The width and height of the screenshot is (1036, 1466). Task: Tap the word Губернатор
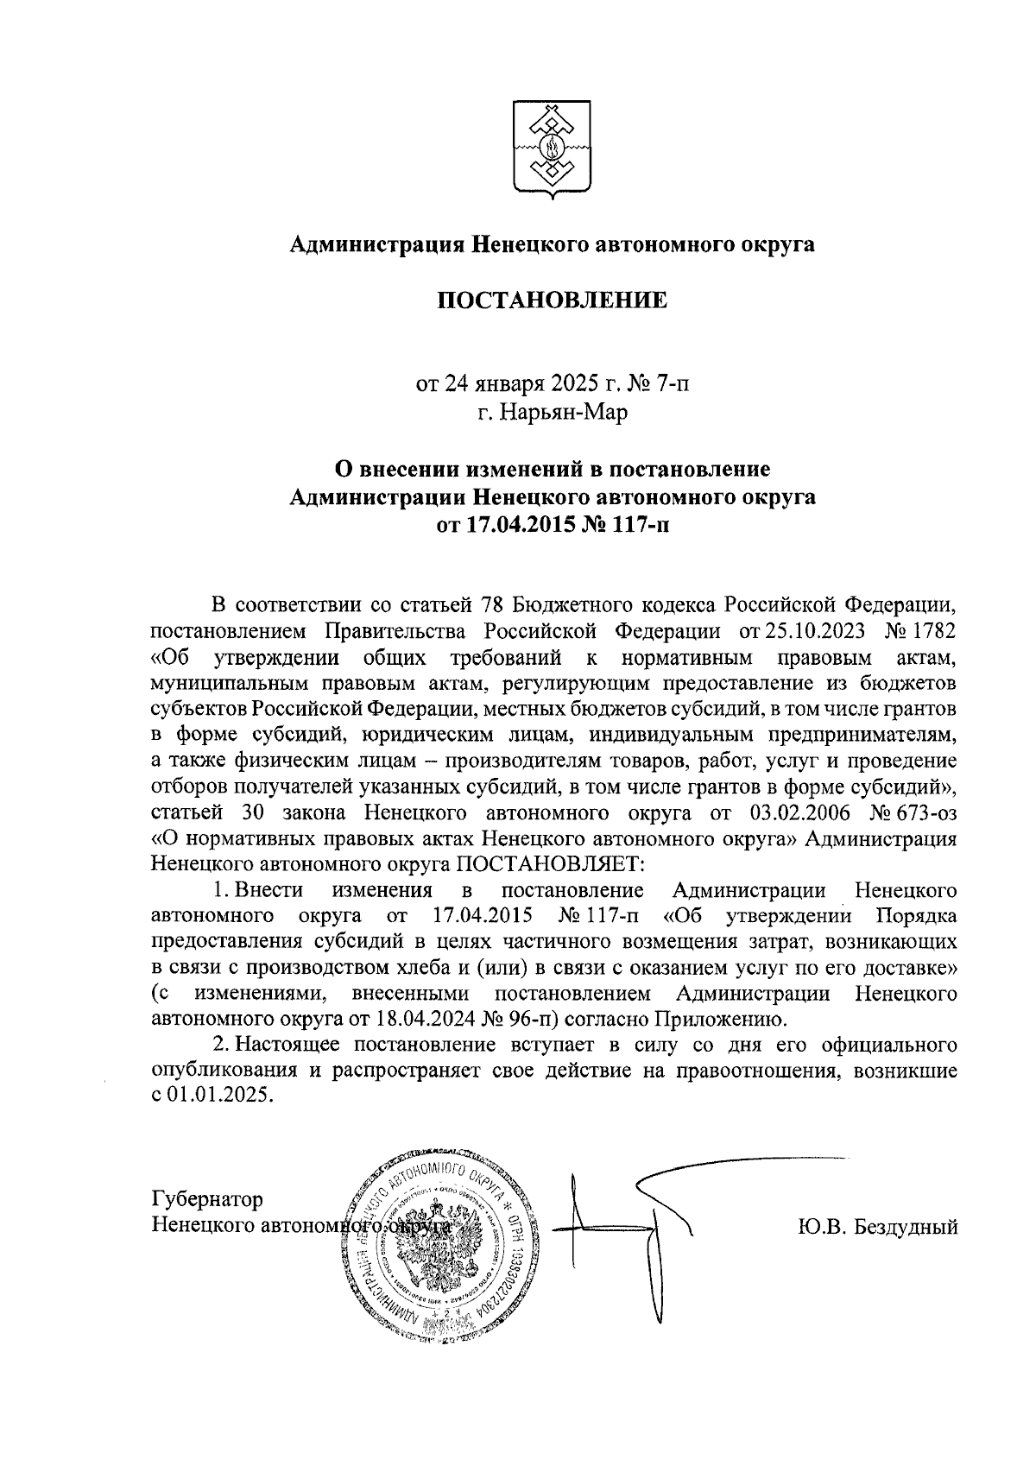coord(207,1199)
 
